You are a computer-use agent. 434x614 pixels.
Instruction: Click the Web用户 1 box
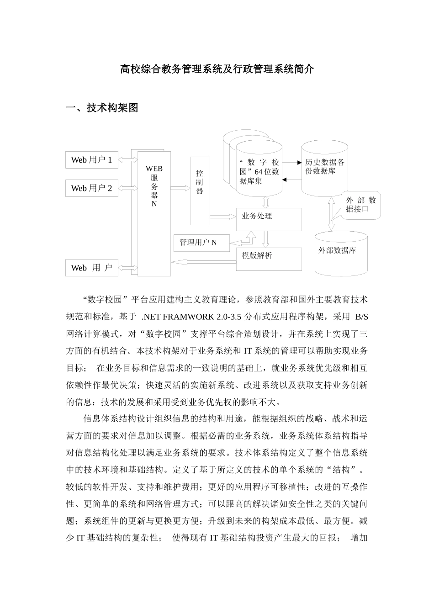91,160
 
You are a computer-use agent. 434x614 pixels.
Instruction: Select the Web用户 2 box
91,188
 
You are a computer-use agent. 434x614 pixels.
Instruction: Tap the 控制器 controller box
200,191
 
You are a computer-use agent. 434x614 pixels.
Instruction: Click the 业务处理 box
269,220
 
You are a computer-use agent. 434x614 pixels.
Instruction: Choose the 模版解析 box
269,259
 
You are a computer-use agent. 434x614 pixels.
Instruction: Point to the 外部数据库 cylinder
341,254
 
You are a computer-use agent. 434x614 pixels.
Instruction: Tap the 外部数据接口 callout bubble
361,205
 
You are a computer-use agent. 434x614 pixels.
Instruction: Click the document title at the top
217,69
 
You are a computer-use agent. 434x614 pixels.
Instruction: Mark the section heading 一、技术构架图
102,108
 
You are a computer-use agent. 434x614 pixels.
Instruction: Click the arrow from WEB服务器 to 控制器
180,187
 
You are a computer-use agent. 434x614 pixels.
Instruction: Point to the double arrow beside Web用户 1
128,160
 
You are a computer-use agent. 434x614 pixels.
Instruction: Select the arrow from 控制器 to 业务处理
222,216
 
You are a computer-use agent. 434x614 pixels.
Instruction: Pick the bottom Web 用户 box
91,268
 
